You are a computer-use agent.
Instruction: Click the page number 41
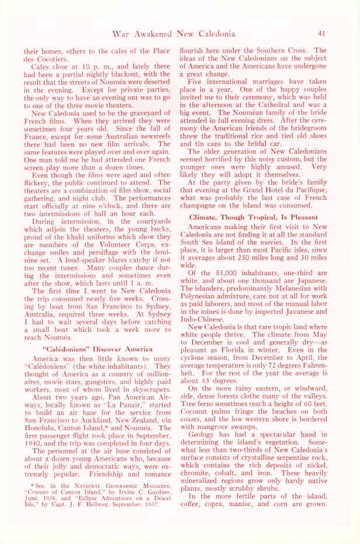(x=322, y=33)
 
